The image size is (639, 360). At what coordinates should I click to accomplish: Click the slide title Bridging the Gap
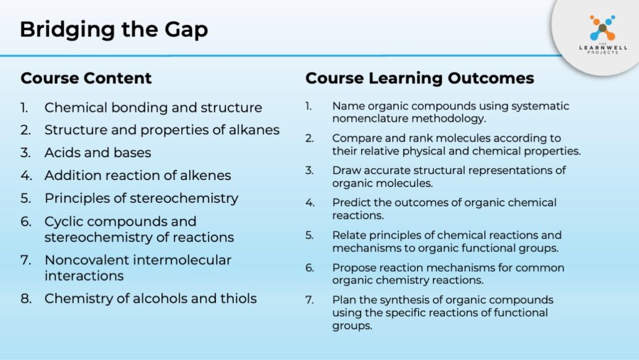[114, 30]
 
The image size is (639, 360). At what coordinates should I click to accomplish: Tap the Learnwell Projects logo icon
[602, 28]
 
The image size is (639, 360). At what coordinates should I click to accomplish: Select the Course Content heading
[86, 78]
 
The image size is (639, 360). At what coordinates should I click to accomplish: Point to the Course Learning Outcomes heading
[419, 78]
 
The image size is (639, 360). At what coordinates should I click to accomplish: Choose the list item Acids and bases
[98, 153]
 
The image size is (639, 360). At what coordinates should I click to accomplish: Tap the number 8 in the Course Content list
[25, 299]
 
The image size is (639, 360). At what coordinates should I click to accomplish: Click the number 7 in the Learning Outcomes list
[310, 300]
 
